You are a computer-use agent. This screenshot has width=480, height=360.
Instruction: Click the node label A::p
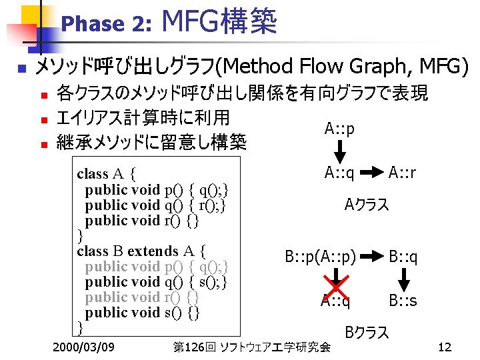tap(339, 128)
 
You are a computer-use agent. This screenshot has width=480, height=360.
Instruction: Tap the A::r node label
tap(403, 173)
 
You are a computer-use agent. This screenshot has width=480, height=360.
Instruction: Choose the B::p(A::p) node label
tap(321, 256)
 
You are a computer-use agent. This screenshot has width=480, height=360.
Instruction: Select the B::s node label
tap(403, 301)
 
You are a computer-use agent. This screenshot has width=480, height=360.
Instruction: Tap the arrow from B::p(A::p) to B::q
tap(374, 256)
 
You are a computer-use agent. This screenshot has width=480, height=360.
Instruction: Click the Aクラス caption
tap(366, 205)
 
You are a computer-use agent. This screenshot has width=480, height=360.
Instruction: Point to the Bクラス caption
tap(367, 332)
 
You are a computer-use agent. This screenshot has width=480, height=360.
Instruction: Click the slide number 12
tap(445, 347)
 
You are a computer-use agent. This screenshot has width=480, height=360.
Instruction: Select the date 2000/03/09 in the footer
tap(83, 347)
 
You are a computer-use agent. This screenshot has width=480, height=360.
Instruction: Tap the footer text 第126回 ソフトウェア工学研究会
tap(251, 347)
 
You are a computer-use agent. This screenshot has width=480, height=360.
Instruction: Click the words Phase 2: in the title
tap(107, 25)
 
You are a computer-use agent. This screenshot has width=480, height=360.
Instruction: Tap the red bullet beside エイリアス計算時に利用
tap(44, 121)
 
